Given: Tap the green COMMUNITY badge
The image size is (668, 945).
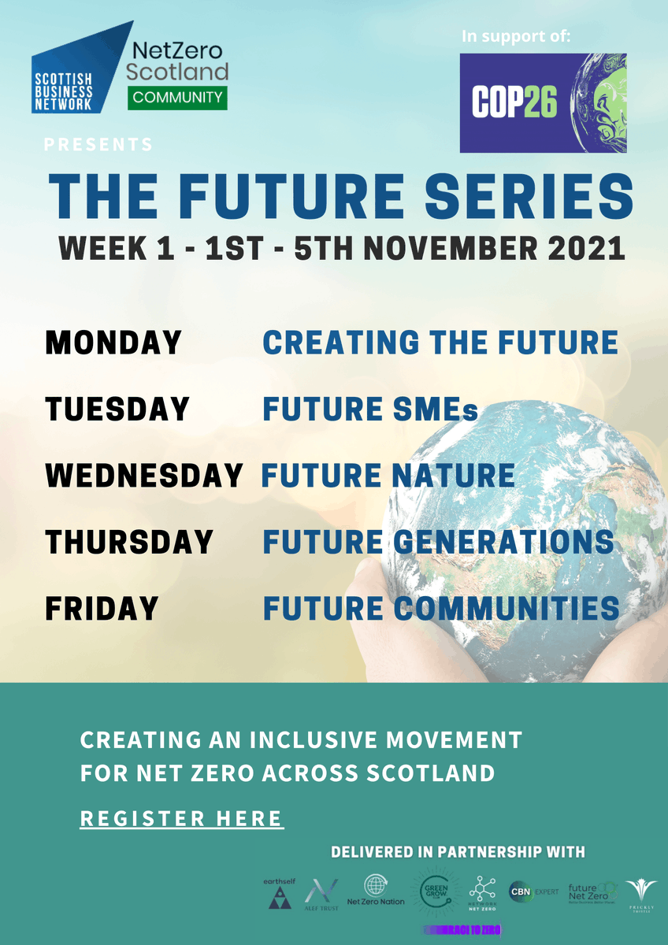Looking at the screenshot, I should pyautogui.click(x=177, y=98).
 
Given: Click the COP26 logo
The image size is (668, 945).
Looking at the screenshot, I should pyautogui.click(x=543, y=102).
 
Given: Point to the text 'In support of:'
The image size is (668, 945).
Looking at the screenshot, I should pyautogui.click(x=517, y=36).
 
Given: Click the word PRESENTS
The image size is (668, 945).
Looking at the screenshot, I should pyautogui.click(x=98, y=144).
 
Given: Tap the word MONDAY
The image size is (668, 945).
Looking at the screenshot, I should pyautogui.click(x=113, y=343).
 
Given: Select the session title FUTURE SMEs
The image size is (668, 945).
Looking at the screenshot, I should pyautogui.click(x=370, y=409).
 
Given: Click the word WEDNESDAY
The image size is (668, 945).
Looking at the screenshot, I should pyautogui.click(x=144, y=476).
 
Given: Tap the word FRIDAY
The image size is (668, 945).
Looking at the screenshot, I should pyautogui.click(x=102, y=608).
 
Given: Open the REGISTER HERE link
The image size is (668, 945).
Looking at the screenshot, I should pyautogui.click(x=182, y=818).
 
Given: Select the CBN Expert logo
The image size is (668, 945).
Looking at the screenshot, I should pyautogui.click(x=534, y=891).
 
